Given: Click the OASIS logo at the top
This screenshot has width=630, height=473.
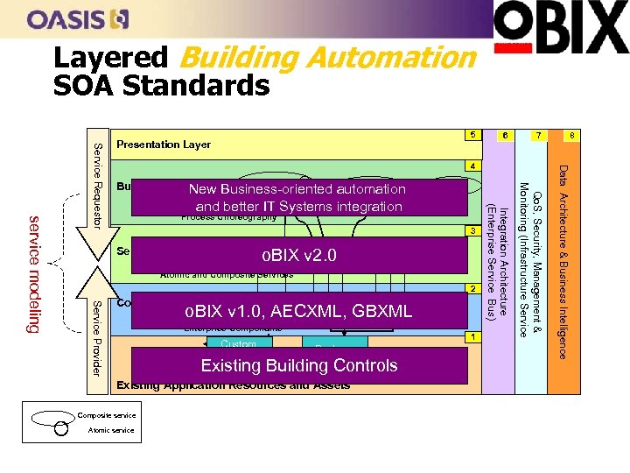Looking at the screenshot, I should tap(78, 19).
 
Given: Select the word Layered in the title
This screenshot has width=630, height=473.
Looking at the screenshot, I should tap(109, 58).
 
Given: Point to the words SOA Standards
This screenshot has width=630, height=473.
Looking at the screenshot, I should tap(162, 86).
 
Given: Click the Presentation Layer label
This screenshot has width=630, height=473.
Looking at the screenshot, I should tap(164, 145).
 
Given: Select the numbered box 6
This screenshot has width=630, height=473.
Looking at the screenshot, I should tap(505, 136).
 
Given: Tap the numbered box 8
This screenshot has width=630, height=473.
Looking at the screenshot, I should tap(570, 136).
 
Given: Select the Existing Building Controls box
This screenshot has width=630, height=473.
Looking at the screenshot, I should tap(299, 365).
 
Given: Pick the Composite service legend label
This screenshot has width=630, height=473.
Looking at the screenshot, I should tap(106, 415).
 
